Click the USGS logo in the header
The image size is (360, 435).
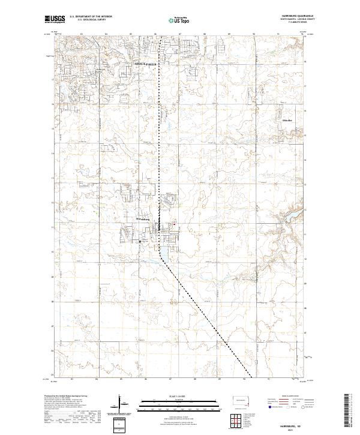[55, 19]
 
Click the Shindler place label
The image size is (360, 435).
[287, 120]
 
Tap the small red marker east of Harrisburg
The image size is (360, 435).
[175, 225]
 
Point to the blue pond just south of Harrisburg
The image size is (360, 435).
[161, 251]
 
